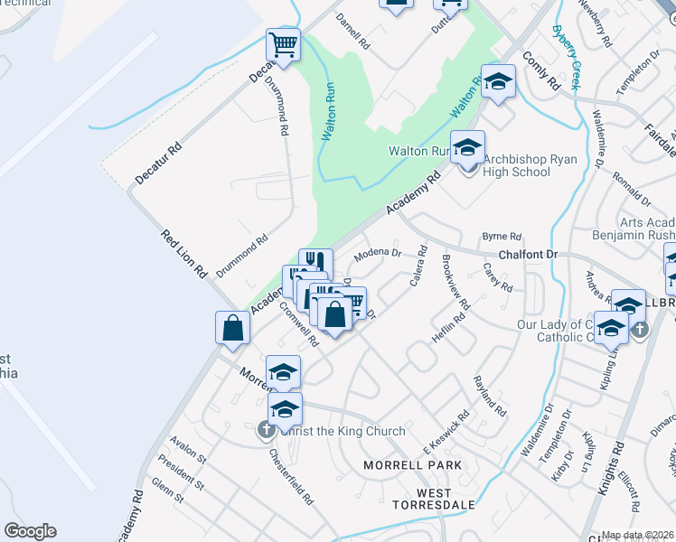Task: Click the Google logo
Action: point(30,531)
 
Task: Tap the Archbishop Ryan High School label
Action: point(516,166)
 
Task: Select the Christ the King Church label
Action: point(342,431)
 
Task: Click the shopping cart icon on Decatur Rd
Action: point(283,45)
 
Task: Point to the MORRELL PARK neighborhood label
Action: point(412,464)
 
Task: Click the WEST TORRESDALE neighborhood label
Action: point(422,500)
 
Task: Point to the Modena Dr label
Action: point(377,254)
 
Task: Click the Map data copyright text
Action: point(636,535)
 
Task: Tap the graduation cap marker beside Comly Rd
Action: point(497,83)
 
